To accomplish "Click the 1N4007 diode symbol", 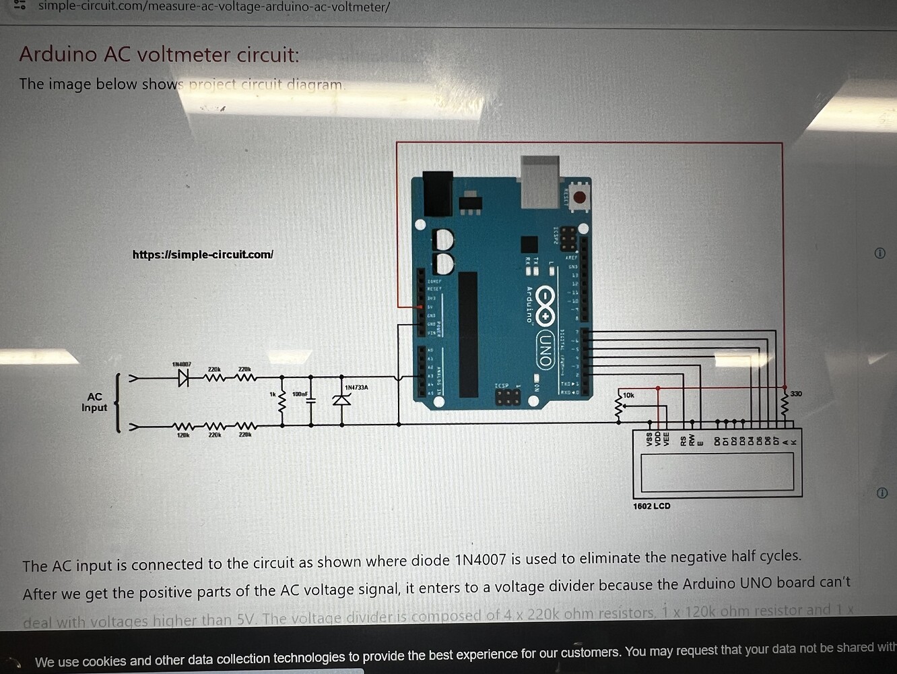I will pyautogui.click(x=183, y=378).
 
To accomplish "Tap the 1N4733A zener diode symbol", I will pyautogui.click(x=342, y=400).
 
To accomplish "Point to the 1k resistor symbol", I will pyautogui.click(x=282, y=402).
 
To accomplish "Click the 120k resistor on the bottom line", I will pyautogui.click(x=182, y=426).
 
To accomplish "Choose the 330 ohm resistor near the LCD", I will pyautogui.click(x=785, y=406).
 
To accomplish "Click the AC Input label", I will pyautogui.click(x=94, y=402).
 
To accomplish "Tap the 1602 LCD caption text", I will pyautogui.click(x=651, y=506).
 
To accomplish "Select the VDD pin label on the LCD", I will pyautogui.click(x=658, y=439).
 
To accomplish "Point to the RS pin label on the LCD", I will pyautogui.click(x=683, y=441).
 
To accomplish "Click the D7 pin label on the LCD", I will pyautogui.click(x=776, y=441).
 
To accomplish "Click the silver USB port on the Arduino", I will pyautogui.click(x=540, y=182).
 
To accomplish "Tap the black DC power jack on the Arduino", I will pyautogui.click(x=438, y=194).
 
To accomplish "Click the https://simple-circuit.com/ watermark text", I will pyautogui.click(x=203, y=255).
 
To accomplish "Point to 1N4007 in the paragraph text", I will pyautogui.click(x=480, y=560).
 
